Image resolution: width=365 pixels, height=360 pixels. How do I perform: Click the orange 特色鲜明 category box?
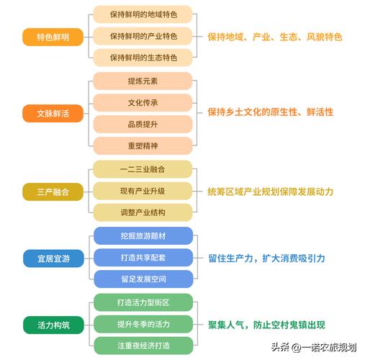tap(53, 37)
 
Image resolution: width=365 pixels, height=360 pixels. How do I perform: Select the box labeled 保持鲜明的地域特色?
tap(143, 14)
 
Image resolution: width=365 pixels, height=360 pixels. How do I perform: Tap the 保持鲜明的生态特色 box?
tap(143, 58)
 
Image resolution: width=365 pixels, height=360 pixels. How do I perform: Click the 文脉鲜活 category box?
tap(53, 113)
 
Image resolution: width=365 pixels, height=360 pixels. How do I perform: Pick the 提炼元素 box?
tap(143, 81)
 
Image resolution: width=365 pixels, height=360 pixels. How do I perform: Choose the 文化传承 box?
tap(143, 103)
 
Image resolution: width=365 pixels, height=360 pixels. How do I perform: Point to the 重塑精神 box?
tap(143, 145)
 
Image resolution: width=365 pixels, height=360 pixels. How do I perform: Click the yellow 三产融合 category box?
tap(53, 192)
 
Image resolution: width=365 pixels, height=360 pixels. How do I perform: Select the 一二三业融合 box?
tap(143, 169)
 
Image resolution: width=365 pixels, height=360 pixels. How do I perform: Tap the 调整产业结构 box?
tap(143, 212)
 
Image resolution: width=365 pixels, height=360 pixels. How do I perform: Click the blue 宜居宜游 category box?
tap(53, 258)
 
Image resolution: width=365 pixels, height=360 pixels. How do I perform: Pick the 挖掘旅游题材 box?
tap(143, 235)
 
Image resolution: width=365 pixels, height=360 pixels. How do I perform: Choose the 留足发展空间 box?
tap(143, 279)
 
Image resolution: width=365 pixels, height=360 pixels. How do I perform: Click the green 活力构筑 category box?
tap(53, 325)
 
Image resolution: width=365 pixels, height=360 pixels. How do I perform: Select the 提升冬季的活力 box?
tap(143, 324)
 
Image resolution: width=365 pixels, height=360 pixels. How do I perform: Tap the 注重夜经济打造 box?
tap(143, 346)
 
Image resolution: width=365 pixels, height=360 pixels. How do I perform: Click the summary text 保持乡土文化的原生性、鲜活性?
tap(271, 112)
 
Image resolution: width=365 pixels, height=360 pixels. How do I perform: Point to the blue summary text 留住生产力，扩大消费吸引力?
tap(266, 258)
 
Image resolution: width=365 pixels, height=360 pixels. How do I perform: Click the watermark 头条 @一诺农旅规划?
tap(314, 347)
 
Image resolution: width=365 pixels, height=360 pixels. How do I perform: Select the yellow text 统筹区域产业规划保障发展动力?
tap(271, 192)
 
